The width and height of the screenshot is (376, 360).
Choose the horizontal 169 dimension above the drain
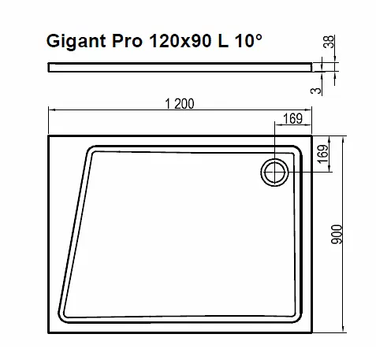(292, 120)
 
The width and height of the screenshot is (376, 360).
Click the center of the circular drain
(275, 170)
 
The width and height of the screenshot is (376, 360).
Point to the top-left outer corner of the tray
(50, 135)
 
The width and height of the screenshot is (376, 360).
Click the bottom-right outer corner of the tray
(313, 332)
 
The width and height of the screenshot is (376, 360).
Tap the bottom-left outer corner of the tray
(50, 332)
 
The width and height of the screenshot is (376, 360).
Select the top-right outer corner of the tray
(313, 135)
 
